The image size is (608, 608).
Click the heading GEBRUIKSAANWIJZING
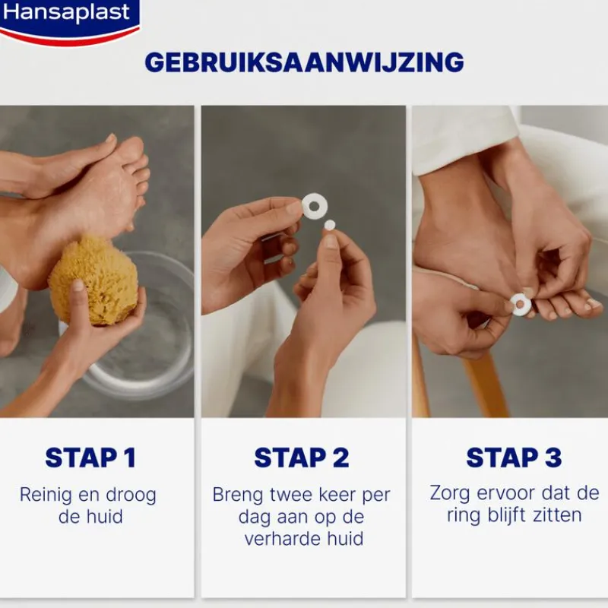pyautogui.click(x=305, y=62)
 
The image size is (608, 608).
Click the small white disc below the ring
pyautogui.click(x=330, y=225)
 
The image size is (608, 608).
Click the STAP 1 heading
pyautogui.click(x=90, y=458)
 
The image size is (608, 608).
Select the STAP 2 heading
pyautogui.click(x=302, y=458)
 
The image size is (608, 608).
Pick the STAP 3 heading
pyautogui.click(x=515, y=458)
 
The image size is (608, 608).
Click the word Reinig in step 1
pyautogui.click(x=46, y=496)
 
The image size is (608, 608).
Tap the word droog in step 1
pyautogui.click(x=131, y=496)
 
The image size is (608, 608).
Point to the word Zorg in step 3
pyautogui.click(x=449, y=493)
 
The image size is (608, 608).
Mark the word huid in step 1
pyautogui.click(x=104, y=517)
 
